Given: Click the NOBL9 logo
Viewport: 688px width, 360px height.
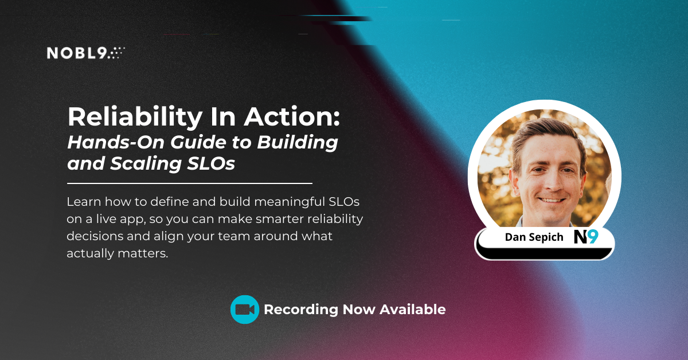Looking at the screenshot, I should point(85,53).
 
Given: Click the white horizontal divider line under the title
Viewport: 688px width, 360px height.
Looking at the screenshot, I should point(189,183).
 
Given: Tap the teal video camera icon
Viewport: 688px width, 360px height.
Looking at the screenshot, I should point(245,310).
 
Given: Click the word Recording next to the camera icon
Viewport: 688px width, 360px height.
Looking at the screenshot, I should point(300,310).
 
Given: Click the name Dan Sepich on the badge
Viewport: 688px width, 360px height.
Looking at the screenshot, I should point(534,237).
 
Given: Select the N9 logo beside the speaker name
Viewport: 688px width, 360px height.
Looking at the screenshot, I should point(585,236).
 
